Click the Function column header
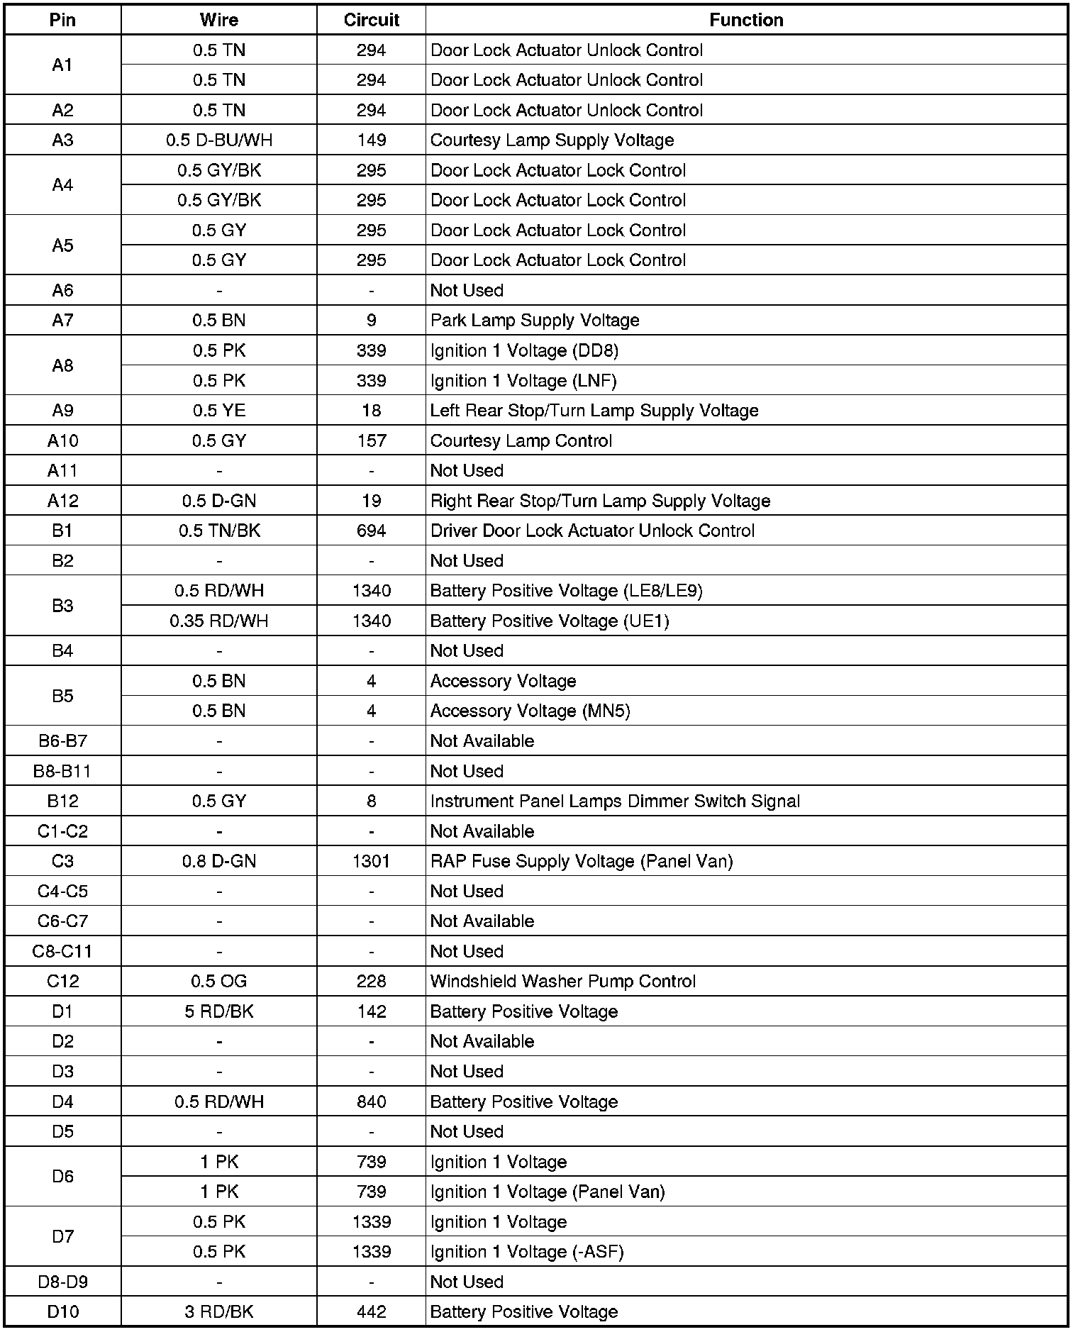coord(746,20)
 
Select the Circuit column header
coord(371,20)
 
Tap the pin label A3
coord(62,140)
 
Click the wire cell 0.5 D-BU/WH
coord(219,140)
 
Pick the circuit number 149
coord(371,140)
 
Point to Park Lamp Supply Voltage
coord(535,320)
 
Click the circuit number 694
coord(371,531)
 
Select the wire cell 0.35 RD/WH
coord(219,621)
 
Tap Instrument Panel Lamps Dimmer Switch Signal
coord(615,801)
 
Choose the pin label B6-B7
coord(62,740)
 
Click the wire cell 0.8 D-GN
coord(219,861)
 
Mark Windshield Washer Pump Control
coord(563,981)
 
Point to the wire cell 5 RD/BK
coord(219,1011)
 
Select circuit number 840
coord(371,1101)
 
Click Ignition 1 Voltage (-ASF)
coord(527,1252)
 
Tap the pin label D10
coord(62,1311)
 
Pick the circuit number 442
coord(371,1311)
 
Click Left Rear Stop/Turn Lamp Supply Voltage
coord(594,411)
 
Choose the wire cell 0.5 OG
coord(219,981)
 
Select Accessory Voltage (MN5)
coord(530,711)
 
